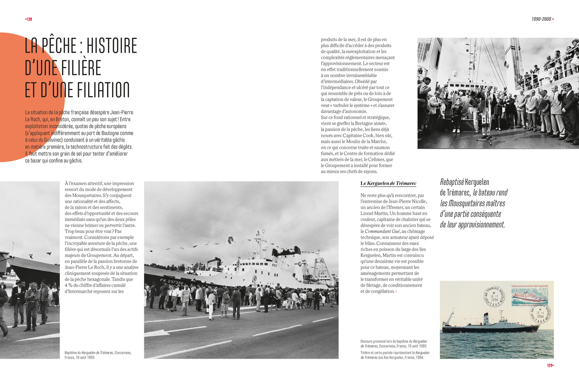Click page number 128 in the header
pyautogui.click(x=29, y=19)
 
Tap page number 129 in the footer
pyautogui.click(x=550, y=366)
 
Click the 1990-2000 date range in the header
pyautogui.click(x=541, y=19)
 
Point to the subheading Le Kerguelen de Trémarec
pyautogui.click(x=388, y=183)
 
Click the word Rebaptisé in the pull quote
pyautogui.click(x=452, y=182)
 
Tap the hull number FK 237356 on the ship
pyautogui.click(x=171, y=282)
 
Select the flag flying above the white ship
pyautogui.click(x=231, y=240)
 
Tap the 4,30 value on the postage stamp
pyautogui.click(x=543, y=290)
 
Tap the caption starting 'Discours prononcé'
pyautogui.click(x=393, y=343)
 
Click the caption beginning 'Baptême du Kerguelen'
pyautogui.click(x=98, y=355)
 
